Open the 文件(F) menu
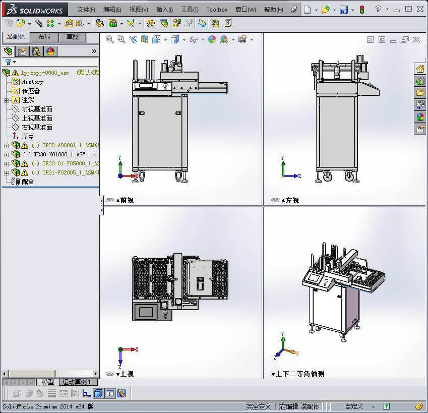(x=86, y=10)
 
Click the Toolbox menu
(x=217, y=10)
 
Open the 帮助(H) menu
(x=274, y=10)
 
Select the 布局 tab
(x=44, y=37)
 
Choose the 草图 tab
(x=73, y=37)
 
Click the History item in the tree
(x=32, y=82)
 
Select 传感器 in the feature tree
(x=31, y=91)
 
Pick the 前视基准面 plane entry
(x=37, y=109)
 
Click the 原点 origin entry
(x=28, y=136)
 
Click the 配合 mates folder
(x=28, y=182)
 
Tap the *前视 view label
(x=125, y=200)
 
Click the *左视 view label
(x=290, y=200)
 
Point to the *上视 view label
(x=125, y=374)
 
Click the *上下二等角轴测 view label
(x=299, y=374)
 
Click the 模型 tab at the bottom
(x=48, y=382)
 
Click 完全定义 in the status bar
(x=259, y=406)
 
